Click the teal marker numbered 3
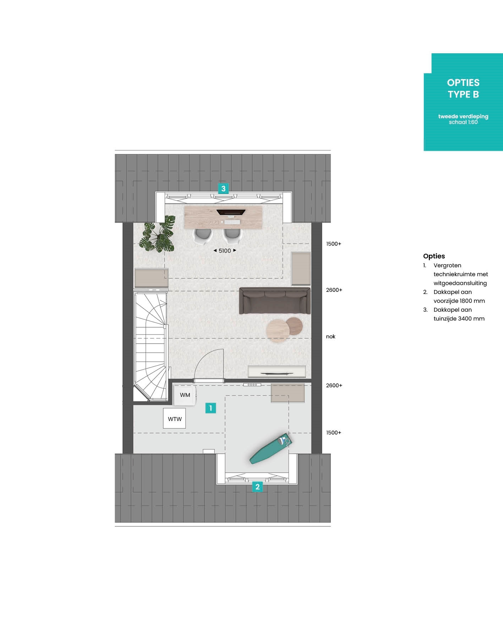point(223,188)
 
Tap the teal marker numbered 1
point(211,408)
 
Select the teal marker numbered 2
point(257,487)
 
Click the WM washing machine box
point(185,395)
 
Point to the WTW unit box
point(175,419)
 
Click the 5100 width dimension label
point(225,251)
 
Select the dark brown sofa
point(275,301)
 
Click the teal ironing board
point(270,448)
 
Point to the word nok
point(330,337)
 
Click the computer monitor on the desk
point(231,213)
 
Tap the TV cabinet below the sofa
point(277,372)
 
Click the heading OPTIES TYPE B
point(463,88)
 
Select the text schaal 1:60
point(463,122)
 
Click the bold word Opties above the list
point(434,256)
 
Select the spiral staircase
point(151,346)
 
